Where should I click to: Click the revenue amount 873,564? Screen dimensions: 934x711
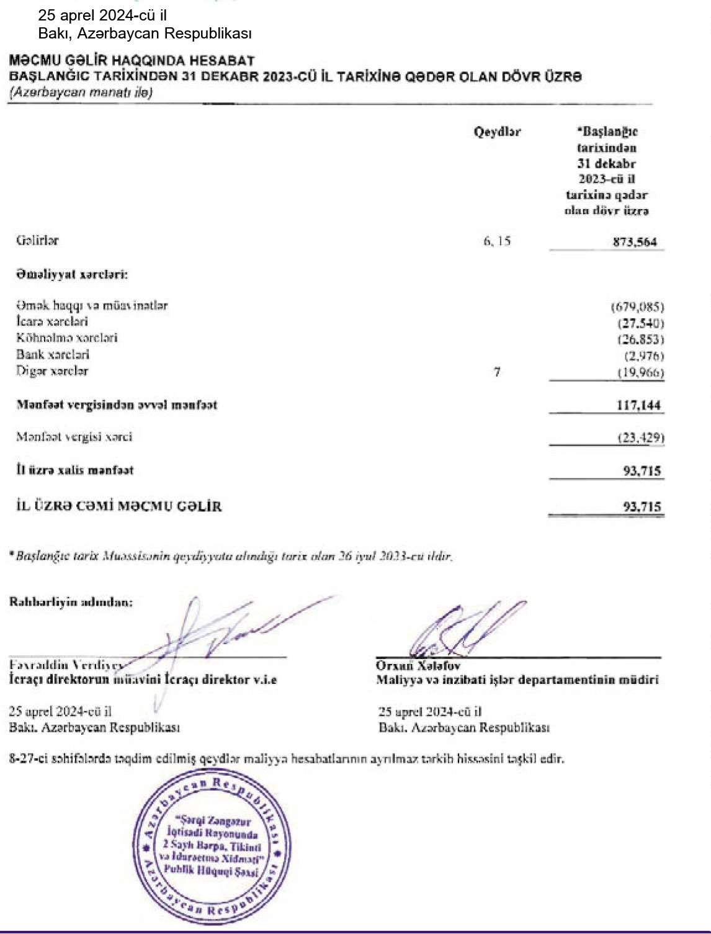634,242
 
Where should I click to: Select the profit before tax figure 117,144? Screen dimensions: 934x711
638,405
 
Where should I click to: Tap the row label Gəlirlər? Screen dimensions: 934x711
37,240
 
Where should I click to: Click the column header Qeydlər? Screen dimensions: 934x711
497,132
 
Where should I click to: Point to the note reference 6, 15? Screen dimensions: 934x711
496,241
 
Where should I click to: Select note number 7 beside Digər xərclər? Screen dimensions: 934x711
497,372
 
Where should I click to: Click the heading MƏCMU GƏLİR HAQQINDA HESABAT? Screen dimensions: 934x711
132,61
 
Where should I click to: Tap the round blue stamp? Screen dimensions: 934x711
212,846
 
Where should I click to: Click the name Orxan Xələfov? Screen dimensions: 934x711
418,666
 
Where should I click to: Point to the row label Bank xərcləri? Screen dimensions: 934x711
53,355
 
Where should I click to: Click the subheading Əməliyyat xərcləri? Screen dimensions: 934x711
72,274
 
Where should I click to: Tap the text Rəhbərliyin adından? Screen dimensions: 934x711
71,601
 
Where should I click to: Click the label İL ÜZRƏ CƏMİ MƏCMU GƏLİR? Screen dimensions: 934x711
119,506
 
